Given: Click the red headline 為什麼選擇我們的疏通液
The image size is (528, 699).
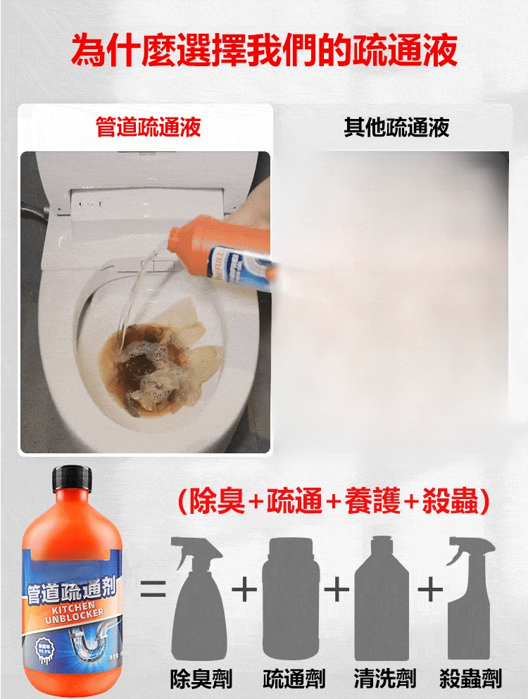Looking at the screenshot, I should (x=264, y=51).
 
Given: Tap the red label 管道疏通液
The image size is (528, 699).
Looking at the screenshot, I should (x=149, y=127).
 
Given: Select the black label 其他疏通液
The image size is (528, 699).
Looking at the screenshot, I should (x=396, y=127).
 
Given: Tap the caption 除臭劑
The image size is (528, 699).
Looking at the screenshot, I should (x=201, y=679).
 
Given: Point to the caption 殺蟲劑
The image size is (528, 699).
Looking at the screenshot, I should (x=470, y=679).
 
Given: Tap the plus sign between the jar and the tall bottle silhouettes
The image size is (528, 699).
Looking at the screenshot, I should (x=337, y=588).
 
